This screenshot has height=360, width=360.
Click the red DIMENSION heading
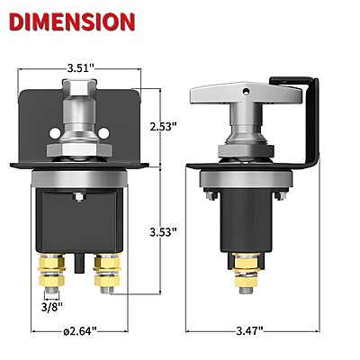[x=72, y=22]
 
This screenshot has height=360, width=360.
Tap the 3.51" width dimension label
[x=81, y=68]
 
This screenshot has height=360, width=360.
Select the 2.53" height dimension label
[x=163, y=127]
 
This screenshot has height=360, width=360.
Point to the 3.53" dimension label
[x=163, y=232]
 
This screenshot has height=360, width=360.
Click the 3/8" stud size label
[x=52, y=307]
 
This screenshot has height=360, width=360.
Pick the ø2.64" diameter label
[x=80, y=331]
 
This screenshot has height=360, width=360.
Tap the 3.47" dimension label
[x=249, y=331]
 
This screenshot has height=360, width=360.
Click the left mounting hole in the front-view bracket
[x=55, y=133]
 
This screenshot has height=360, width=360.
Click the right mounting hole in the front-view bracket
[x=103, y=133]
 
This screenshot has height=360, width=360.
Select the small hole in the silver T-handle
[x=246, y=91]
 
